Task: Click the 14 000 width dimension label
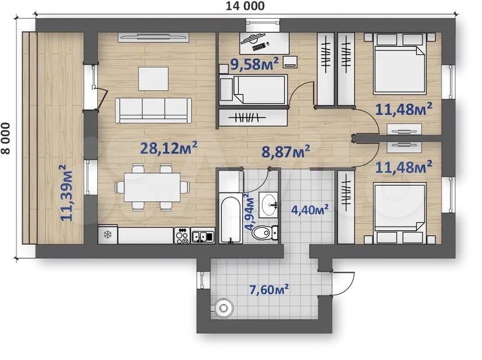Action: [x=245, y=6]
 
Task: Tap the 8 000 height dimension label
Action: [x=6, y=138]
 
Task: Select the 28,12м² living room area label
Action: [x=168, y=148]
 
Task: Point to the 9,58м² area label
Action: [x=254, y=63]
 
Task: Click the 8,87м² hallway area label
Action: [x=286, y=151]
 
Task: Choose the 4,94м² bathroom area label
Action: [x=250, y=212]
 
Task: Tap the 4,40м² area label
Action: [x=310, y=210]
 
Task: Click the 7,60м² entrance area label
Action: [x=269, y=290]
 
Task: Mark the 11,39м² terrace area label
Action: [x=67, y=193]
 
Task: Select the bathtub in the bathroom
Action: [x=231, y=218]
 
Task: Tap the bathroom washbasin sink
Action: [x=269, y=204]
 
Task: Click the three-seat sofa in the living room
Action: [x=154, y=110]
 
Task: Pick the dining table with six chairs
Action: [x=152, y=188]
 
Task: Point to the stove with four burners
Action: [x=182, y=235]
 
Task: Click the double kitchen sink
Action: [x=203, y=236]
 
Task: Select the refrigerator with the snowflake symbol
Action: [x=108, y=235]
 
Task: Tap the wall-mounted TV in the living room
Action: [x=154, y=37]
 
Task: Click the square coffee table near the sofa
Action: [x=153, y=79]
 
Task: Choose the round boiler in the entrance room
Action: [x=224, y=308]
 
